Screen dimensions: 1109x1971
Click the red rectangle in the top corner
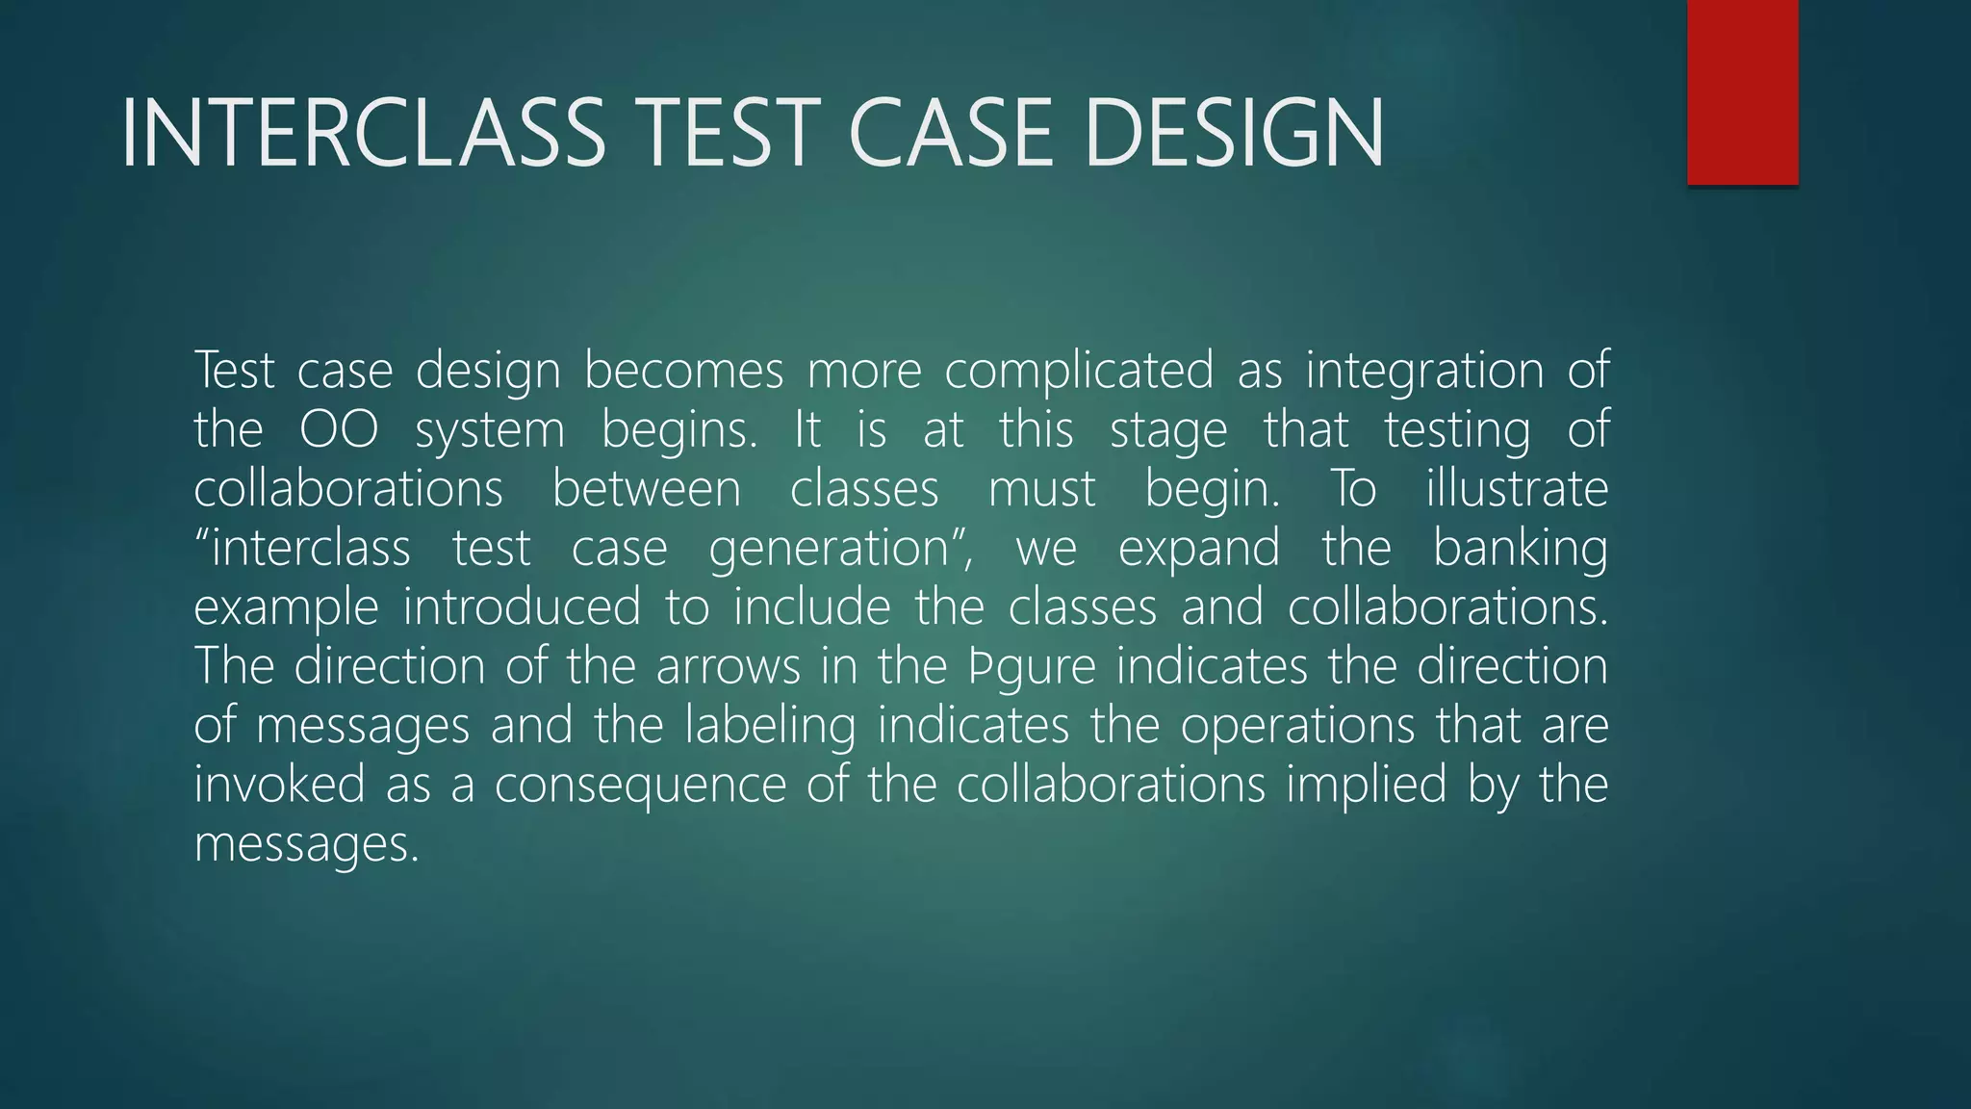click(x=1742, y=92)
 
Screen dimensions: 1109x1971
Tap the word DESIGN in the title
click(x=1233, y=134)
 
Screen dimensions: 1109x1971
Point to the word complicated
click(x=1079, y=372)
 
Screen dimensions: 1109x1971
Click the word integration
click(x=1424, y=372)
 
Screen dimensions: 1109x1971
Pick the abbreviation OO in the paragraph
click(x=339, y=430)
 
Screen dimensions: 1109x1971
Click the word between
click(x=646, y=489)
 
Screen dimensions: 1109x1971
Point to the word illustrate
click(x=1517, y=489)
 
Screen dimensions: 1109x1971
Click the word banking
click(x=1520, y=550)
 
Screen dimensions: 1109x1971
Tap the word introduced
click(x=522, y=607)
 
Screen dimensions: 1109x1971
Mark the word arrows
click(x=729, y=667)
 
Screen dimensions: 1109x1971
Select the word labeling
click(x=770, y=727)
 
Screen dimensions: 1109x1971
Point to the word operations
click(x=1297, y=727)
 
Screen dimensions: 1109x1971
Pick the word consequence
click(x=640, y=786)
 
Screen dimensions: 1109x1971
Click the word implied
click(x=1367, y=786)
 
